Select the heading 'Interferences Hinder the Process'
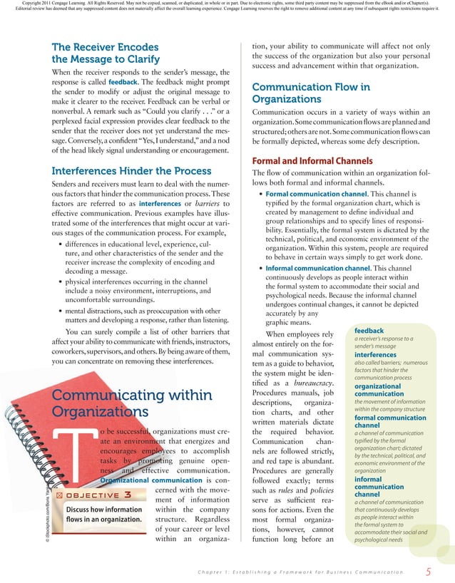(x=122, y=170)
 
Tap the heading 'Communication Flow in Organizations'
(x=311, y=93)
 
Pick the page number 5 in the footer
(x=428, y=572)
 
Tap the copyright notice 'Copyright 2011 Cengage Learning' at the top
(x=71, y=4)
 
